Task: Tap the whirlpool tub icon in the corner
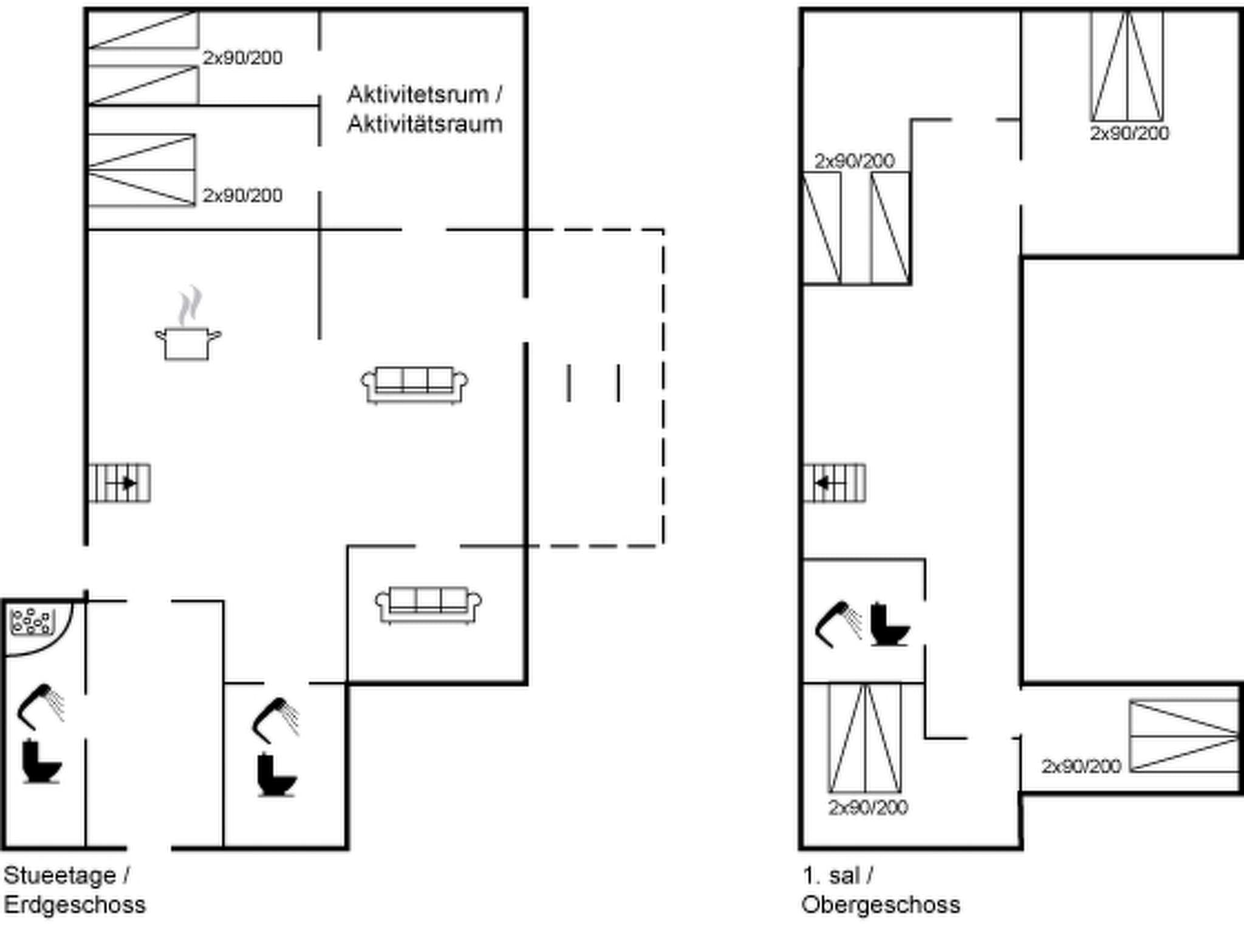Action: pos(31,622)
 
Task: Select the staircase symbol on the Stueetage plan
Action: pos(120,483)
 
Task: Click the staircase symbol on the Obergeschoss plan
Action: pos(835,483)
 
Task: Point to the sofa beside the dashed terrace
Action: pos(415,384)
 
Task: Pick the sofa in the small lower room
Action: pos(429,604)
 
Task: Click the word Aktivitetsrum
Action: pos(418,95)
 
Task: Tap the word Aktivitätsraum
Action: pos(425,124)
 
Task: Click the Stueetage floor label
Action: pos(60,875)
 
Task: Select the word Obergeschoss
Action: pos(881,904)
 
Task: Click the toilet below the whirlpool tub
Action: pos(41,761)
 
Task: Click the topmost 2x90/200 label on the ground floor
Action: pos(242,58)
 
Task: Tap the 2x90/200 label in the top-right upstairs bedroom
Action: pos(1129,133)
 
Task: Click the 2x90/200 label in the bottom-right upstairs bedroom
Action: pos(1081,766)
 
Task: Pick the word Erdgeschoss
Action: pos(75,904)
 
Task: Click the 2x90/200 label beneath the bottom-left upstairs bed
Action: pos(868,807)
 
